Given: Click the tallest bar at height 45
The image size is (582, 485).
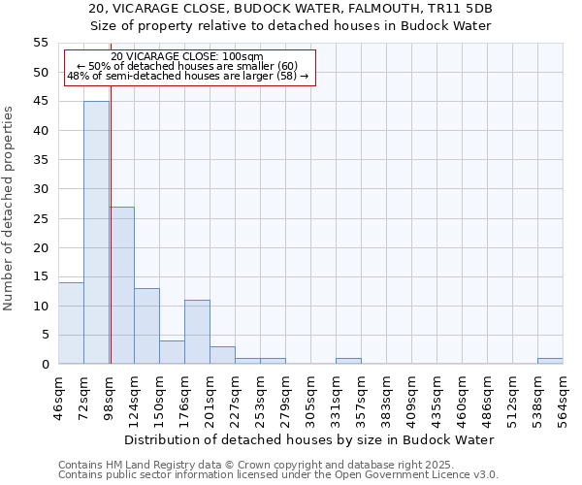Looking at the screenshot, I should (96, 233).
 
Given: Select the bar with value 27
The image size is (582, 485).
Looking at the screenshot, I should (121, 285).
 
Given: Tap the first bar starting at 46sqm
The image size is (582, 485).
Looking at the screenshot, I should (71, 323).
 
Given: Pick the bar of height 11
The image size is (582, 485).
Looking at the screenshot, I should (197, 332).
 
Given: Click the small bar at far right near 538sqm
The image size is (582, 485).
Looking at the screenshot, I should (550, 361).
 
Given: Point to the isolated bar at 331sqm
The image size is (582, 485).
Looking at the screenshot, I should (348, 361).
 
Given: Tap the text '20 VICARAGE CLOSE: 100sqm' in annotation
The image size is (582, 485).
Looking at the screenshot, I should (187, 57).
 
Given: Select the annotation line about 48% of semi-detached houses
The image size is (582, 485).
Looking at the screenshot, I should (187, 76).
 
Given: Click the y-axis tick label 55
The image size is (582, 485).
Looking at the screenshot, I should (41, 43).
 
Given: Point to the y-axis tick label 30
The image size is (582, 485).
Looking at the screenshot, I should (41, 189).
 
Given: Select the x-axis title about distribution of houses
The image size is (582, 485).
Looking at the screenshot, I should (309, 439).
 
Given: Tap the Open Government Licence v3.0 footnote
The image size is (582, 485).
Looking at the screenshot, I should (277, 475).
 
